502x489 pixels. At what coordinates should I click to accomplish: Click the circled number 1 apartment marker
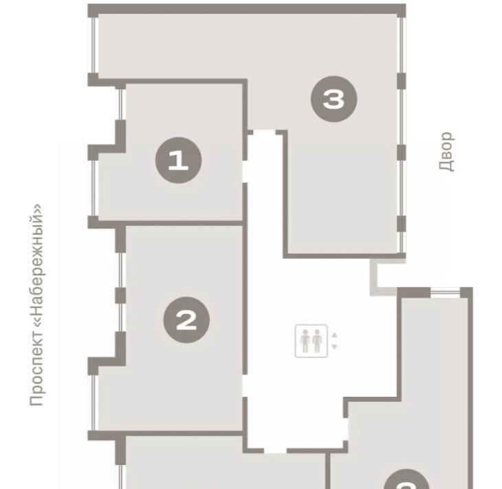coord(178,160)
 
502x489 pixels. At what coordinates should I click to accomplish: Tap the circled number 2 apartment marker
coord(186,320)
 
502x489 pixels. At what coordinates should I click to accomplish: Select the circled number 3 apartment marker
coord(334,98)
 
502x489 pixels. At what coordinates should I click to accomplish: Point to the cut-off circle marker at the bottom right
coord(406,479)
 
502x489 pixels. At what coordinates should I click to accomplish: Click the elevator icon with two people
coord(312,341)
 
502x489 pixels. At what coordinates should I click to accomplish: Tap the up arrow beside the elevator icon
coord(335,335)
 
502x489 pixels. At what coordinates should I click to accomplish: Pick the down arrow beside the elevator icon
coord(335,346)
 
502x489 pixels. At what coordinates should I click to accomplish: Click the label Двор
coord(446,152)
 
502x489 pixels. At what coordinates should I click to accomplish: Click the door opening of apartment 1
coord(245,171)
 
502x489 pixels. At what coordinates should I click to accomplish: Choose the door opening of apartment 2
coord(245,386)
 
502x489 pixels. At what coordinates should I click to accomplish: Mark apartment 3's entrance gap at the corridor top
coord(265,132)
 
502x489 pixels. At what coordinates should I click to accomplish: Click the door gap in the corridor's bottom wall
coord(275,451)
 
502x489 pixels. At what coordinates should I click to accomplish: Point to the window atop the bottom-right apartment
coord(446,292)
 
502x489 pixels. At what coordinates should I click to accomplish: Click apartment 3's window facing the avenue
coord(94,45)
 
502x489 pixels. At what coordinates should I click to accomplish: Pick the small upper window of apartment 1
coord(120,104)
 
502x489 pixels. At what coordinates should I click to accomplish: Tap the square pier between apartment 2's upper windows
coord(120,295)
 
